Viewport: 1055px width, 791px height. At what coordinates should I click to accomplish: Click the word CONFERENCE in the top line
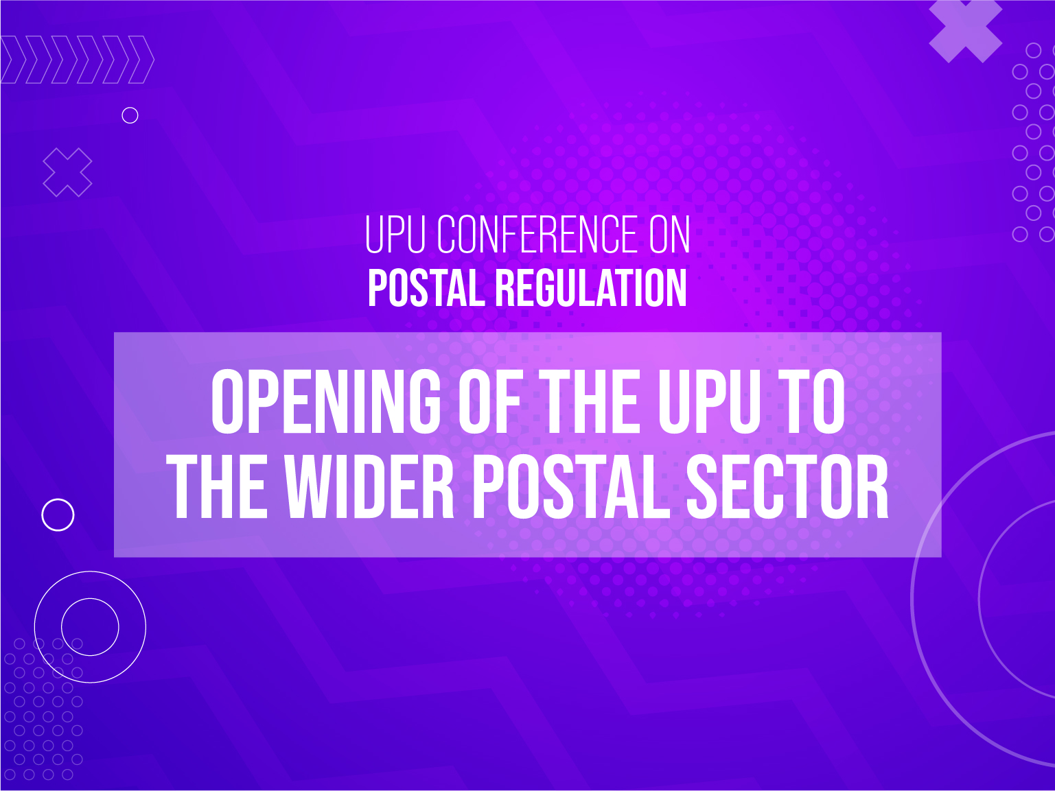click(537, 235)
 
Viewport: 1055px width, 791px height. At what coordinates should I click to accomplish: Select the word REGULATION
click(591, 287)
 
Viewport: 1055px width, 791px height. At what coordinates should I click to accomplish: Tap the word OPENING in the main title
click(326, 402)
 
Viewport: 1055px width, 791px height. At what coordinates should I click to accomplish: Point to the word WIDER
click(368, 487)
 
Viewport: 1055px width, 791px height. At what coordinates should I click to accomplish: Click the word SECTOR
click(787, 487)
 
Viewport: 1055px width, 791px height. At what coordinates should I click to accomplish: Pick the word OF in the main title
click(490, 402)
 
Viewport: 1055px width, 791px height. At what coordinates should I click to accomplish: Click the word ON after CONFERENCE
click(669, 235)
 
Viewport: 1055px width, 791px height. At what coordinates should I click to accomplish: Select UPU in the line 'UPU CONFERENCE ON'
click(395, 235)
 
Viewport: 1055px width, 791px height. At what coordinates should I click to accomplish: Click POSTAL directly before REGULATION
click(426, 287)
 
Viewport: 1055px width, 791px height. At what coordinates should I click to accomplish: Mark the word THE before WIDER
click(216, 487)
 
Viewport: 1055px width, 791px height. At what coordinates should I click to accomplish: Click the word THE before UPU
click(590, 402)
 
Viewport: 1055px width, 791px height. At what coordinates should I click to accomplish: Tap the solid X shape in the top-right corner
click(965, 32)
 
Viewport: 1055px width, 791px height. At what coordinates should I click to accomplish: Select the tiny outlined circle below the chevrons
click(130, 107)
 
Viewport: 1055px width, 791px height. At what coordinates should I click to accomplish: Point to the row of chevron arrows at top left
click(78, 60)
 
